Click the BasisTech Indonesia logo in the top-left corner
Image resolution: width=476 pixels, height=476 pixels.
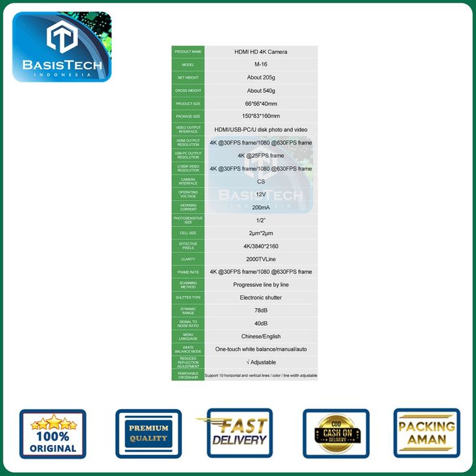pos(62,47)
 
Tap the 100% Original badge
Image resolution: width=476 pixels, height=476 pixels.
pos(52,434)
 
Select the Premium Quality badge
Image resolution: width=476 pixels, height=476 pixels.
pos(148,433)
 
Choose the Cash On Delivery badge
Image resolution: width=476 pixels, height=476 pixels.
pos(335,433)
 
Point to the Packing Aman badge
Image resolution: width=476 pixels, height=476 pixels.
pos(427,433)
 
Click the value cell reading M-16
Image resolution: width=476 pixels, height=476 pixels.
pos(261,64)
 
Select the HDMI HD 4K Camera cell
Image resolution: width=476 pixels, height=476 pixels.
pos(261,52)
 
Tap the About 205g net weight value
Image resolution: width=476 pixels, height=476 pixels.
pos(261,77)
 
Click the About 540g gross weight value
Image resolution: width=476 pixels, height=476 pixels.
pos(261,90)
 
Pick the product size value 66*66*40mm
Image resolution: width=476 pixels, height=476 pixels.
pos(261,104)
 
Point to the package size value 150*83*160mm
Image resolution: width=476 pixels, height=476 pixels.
pos(261,116)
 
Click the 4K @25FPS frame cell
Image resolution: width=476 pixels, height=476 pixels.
pos(261,155)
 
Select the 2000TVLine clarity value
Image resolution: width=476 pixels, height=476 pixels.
pos(261,259)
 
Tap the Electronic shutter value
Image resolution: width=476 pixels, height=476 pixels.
pos(261,298)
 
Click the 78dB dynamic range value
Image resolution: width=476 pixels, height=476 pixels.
pos(261,311)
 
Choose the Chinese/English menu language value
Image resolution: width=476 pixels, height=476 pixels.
pos(261,336)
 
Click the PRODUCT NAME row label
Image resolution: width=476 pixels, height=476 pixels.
pos(188,52)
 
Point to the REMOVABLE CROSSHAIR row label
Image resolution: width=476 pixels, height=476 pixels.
pos(188,375)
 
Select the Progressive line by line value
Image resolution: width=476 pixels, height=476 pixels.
pos(261,285)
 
